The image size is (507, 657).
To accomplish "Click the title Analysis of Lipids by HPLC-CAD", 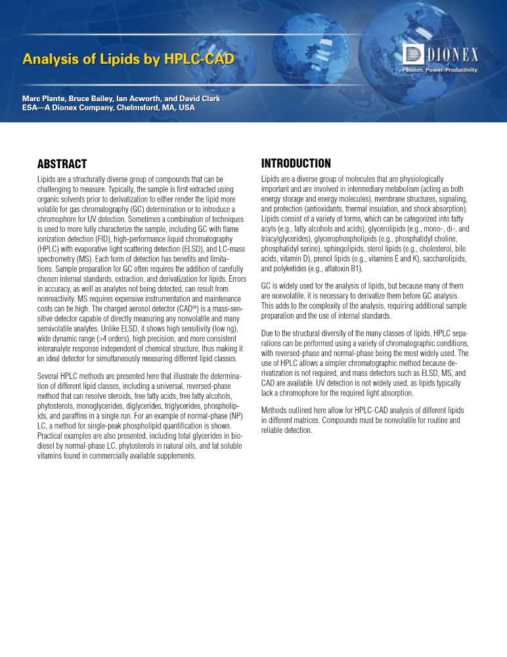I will click(128, 60).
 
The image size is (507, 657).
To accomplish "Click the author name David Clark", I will click(200, 99).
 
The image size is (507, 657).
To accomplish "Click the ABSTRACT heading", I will click(63, 164).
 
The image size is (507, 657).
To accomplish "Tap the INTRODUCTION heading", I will click(296, 164).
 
